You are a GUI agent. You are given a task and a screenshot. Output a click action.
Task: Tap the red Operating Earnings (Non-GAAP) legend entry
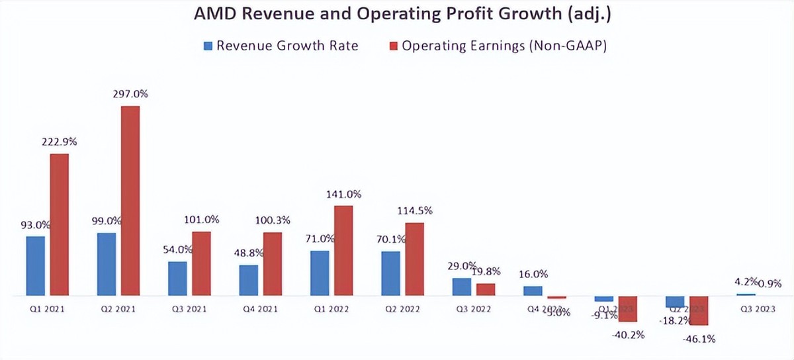pyautogui.click(x=497, y=46)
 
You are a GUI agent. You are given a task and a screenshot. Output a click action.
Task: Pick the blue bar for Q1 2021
pyautogui.click(x=36, y=265)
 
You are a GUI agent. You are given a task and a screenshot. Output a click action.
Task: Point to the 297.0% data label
pyautogui.click(x=130, y=94)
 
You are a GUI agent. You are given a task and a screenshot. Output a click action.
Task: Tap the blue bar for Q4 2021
pyautogui.click(x=249, y=280)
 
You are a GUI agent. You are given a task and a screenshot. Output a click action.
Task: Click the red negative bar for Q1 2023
pyautogui.click(x=627, y=308)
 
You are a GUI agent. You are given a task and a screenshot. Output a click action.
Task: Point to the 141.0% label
pyautogui.click(x=344, y=194)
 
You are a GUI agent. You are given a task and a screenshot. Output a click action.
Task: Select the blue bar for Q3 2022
pyautogui.click(x=462, y=287)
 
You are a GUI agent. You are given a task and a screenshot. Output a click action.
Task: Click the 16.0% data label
pyautogui.click(x=533, y=274)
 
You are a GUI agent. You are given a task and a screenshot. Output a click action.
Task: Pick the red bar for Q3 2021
pyautogui.click(x=202, y=263)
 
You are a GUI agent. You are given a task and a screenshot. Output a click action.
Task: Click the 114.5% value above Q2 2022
pyautogui.click(x=415, y=210)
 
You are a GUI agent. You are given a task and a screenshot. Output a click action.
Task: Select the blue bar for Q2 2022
pyautogui.click(x=391, y=273)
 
